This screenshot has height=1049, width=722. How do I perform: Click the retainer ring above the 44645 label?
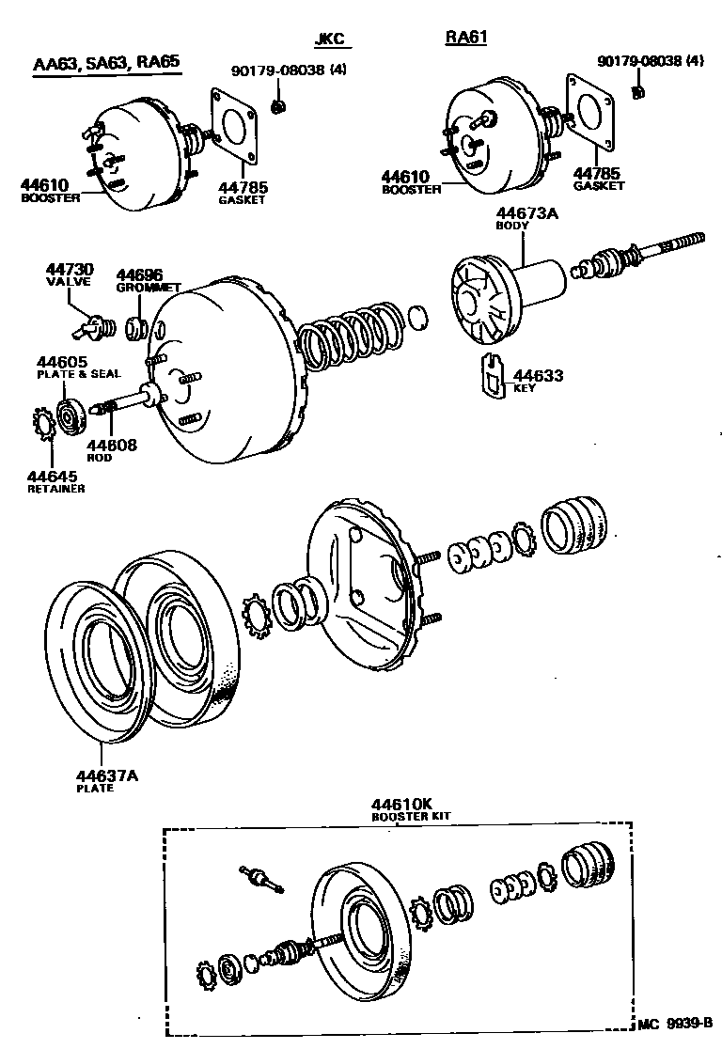pyautogui.click(x=43, y=428)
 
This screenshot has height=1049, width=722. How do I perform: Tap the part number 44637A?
pyautogui.click(x=107, y=775)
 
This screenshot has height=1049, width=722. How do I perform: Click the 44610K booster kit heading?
pyautogui.click(x=401, y=805)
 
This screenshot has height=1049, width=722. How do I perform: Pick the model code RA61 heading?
pyautogui.click(x=466, y=38)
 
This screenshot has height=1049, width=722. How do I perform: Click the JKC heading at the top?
pyautogui.click(x=329, y=39)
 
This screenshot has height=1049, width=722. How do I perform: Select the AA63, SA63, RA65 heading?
pyautogui.click(x=105, y=64)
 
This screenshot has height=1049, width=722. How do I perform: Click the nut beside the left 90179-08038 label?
pyautogui.click(x=277, y=106)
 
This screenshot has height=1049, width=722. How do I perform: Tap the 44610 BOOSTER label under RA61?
pyautogui.click(x=411, y=181)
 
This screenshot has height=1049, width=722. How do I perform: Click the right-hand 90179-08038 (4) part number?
pyautogui.click(x=650, y=61)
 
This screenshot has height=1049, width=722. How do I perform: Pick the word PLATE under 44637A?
pyautogui.click(x=94, y=788)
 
